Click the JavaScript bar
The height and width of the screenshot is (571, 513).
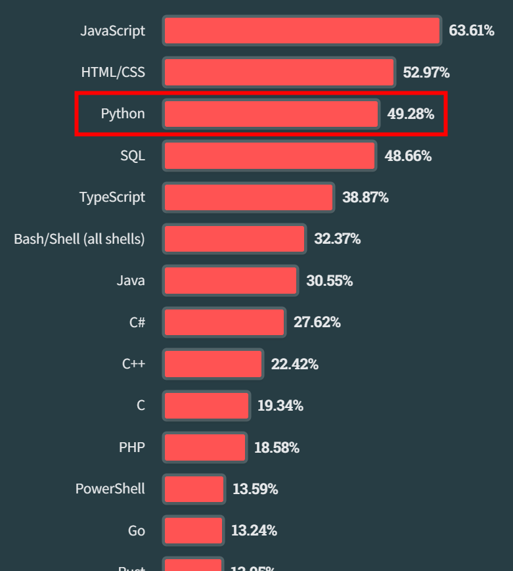pyautogui.click(x=301, y=31)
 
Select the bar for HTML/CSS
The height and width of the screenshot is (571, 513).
pyautogui.click(x=279, y=72)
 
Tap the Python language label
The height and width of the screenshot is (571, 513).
pyautogui.click(x=123, y=114)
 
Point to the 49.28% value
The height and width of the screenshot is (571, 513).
pyautogui.click(x=411, y=114)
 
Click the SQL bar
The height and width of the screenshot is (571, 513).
pyautogui.click(x=269, y=156)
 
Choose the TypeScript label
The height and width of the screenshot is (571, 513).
pyautogui.click(x=112, y=197)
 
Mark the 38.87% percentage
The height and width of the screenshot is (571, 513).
pyautogui.click(x=365, y=197)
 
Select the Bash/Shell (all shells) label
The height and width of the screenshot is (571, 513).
pyautogui.click(x=79, y=239)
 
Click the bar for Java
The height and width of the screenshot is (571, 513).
pyautogui.click(x=231, y=281)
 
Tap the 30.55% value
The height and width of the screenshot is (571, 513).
pyautogui.click(x=329, y=281)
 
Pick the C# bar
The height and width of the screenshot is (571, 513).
pyautogui.click(x=225, y=322)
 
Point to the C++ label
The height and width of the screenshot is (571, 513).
pyautogui.click(x=133, y=364)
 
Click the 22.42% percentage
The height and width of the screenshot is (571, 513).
pyautogui.click(x=294, y=364)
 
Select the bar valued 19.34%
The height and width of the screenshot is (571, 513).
pyautogui.click(x=206, y=405)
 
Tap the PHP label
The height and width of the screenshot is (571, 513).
pyautogui.click(x=132, y=447)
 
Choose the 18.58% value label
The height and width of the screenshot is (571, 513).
pyautogui.click(x=277, y=447)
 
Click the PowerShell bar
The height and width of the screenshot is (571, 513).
pyautogui.click(x=194, y=489)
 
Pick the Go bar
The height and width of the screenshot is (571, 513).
pyautogui.click(x=193, y=530)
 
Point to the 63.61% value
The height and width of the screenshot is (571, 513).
pyautogui.click(x=472, y=30)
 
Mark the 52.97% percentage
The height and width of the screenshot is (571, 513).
pyautogui.click(x=426, y=72)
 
